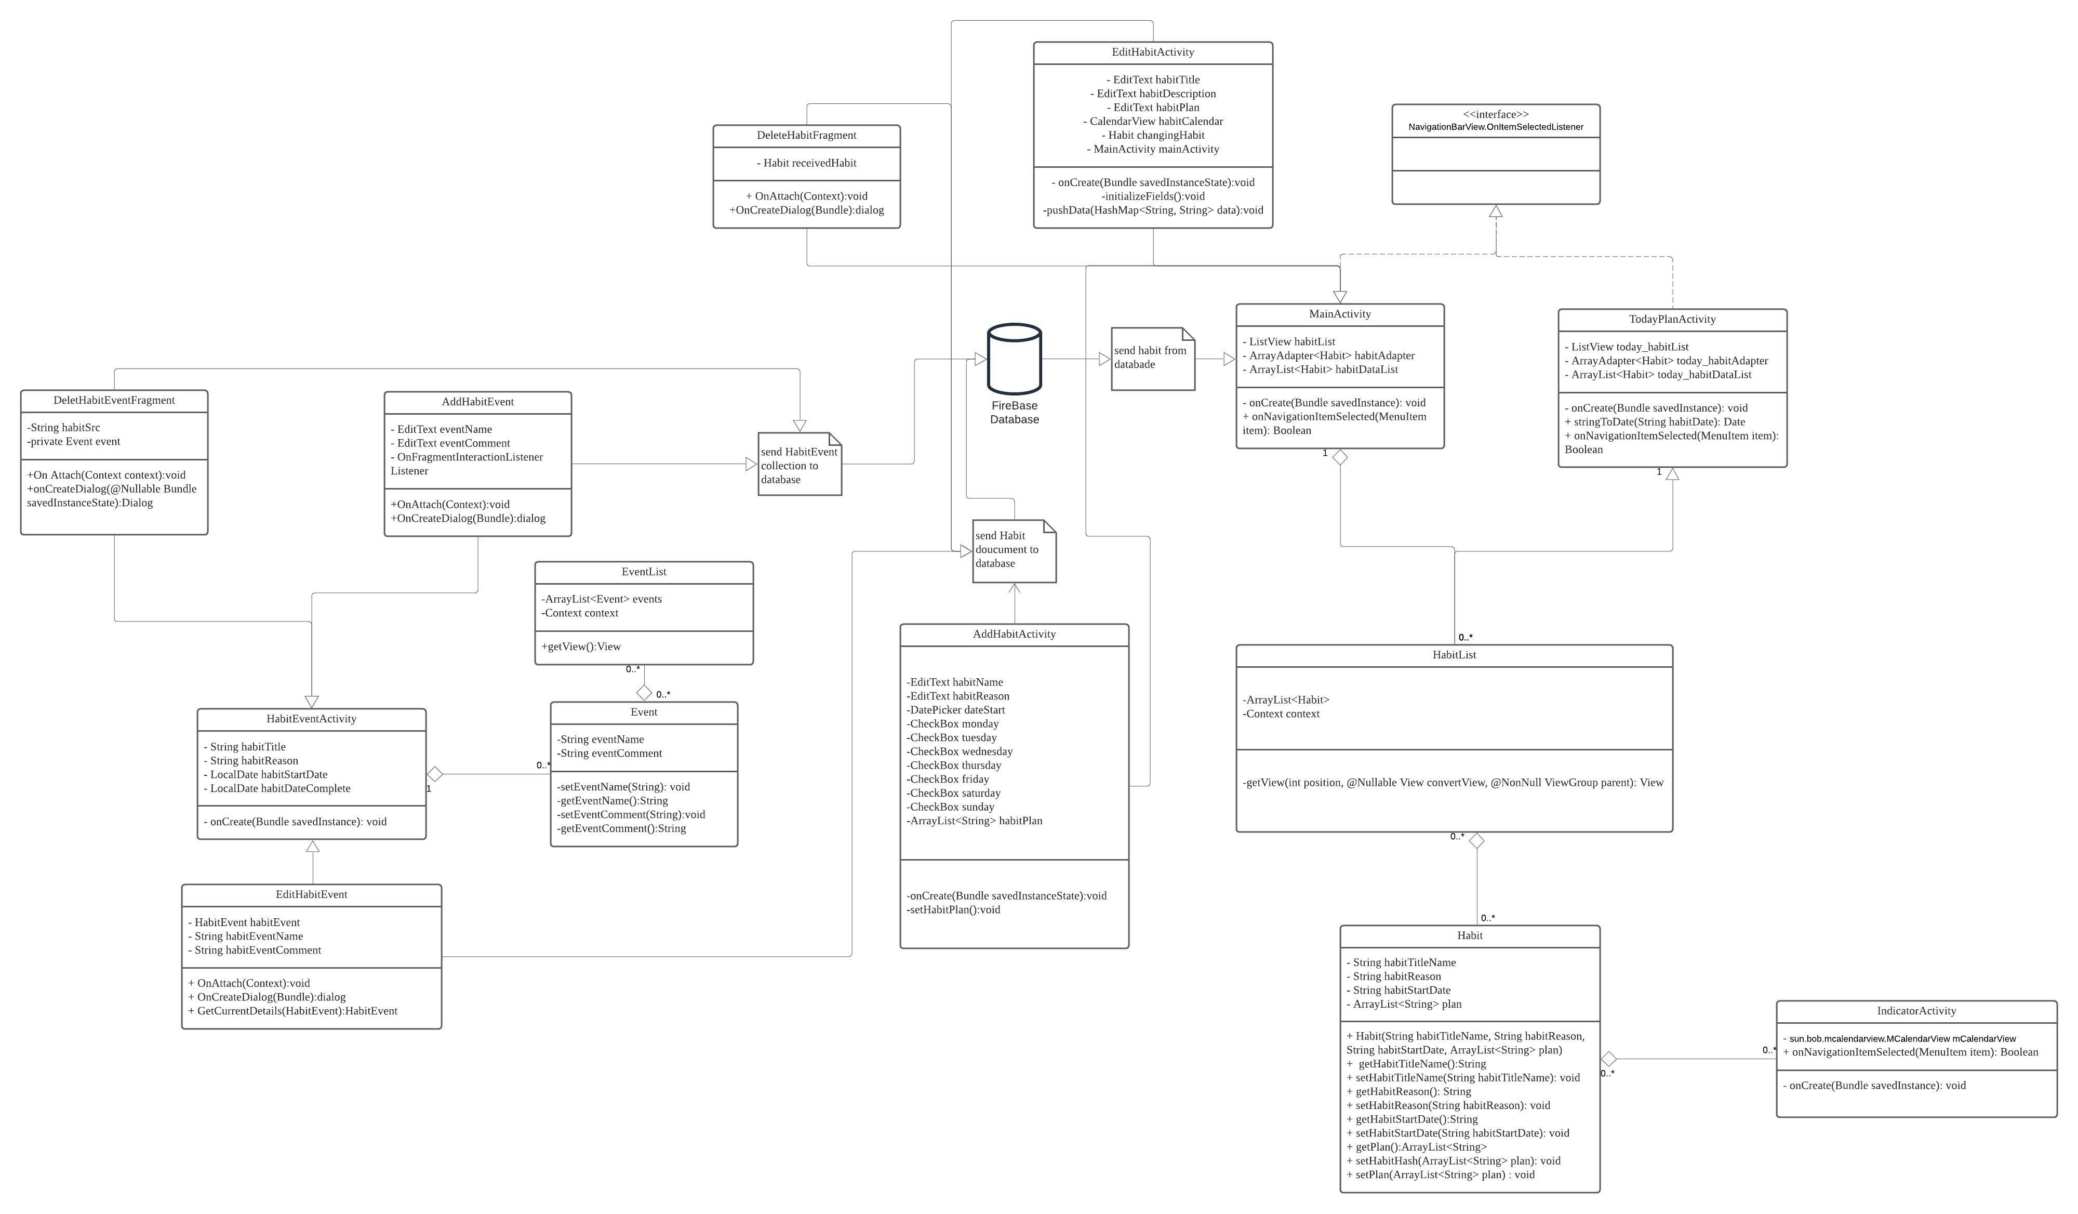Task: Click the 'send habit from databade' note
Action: [x=1152, y=359]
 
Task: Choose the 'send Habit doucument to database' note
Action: [x=1014, y=550]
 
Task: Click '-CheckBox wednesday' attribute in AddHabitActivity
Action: [x=960, y=752]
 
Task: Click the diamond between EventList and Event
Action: [x=644, y=693]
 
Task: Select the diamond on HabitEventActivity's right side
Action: [x=435, y=774]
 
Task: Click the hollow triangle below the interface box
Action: [x=1495, y=212]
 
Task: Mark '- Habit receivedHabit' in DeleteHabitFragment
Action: [x=806, y=163]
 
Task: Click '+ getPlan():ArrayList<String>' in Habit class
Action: [x=1417, y=1147]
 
